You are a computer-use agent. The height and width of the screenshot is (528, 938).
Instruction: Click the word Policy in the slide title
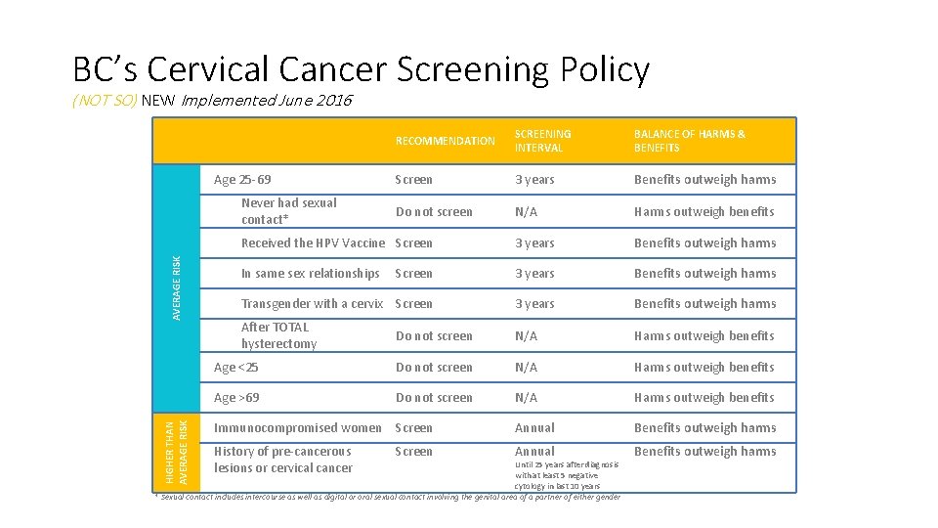(x=604, y=69)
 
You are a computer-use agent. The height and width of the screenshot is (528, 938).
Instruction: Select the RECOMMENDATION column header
(x=445, y=141)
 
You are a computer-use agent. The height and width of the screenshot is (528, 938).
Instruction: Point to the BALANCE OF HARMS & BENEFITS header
(x=689, y=141)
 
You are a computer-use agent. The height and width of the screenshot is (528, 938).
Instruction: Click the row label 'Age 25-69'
(x=242, y=180)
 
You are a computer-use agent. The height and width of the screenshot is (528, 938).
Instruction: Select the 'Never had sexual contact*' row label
(x=288, y=211)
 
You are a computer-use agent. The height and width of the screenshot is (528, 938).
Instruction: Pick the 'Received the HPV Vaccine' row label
(x=313, y=243)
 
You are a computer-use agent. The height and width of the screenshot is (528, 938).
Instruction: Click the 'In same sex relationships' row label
(x=310, y=274)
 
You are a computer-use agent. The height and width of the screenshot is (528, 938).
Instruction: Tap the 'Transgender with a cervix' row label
(x=312, y=304)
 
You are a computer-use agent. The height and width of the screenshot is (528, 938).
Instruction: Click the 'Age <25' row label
(x=236, y=368)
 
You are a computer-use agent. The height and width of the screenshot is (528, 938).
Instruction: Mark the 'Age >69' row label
(x=236, y=398)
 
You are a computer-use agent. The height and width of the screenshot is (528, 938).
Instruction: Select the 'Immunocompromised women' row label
(x=297, y=428)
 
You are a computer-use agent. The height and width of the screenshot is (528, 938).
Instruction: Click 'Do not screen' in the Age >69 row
(x=434, y=398)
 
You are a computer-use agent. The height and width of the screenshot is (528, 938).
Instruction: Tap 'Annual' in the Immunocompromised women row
(x=534, y=428)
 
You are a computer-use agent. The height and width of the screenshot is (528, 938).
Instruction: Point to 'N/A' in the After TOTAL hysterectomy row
(x=526, y=336)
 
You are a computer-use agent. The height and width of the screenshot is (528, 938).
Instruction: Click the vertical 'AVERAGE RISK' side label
(x=177, y=286)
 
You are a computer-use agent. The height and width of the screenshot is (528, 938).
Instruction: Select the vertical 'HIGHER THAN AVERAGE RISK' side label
(x=176, y=452)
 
